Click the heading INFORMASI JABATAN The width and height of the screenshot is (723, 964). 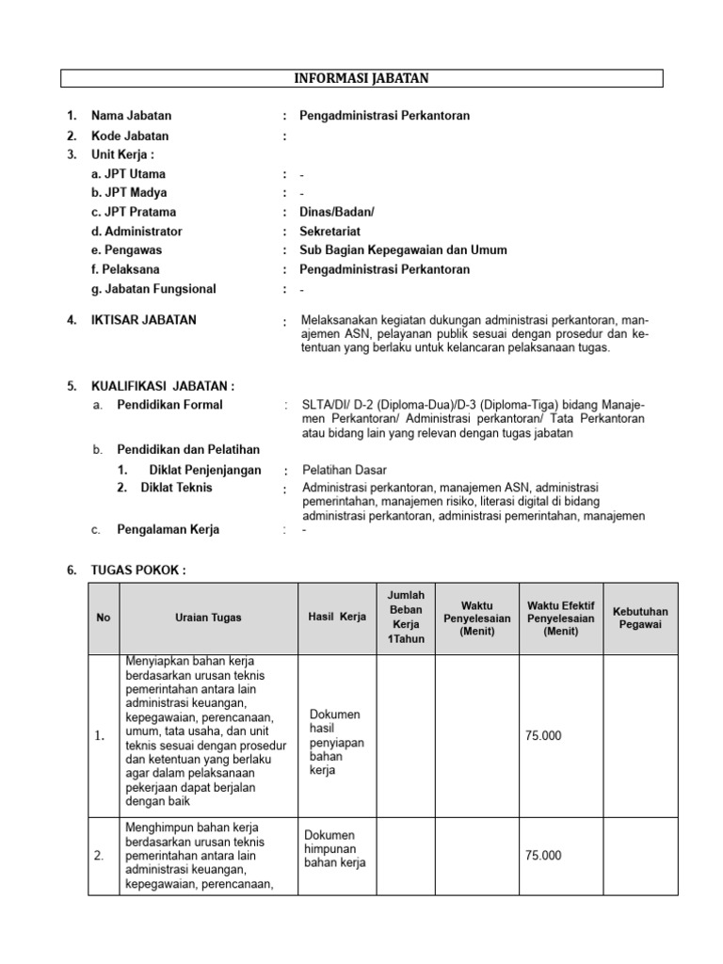[x=362, y=78]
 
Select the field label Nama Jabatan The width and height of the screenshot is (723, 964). [x=131, y=116]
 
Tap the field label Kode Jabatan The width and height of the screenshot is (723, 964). [x=130, y=136]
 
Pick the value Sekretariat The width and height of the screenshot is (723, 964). [x=329, y=232]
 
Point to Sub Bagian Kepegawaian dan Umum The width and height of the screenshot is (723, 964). [x=403, y=250]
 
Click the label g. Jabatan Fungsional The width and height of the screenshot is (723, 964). [x=153, y=289]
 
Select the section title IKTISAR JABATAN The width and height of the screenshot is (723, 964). [x=144, y=320]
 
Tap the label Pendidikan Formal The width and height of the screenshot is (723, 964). [x=169, y=405]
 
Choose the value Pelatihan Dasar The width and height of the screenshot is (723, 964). [x=345, y=470]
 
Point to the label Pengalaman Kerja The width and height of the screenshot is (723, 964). [x=168, y=529]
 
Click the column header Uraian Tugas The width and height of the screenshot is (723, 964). [x=208, y=618]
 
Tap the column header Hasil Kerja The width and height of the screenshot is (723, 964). [x=336, y=618]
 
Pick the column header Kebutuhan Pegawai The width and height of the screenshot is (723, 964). [x=640, y=618]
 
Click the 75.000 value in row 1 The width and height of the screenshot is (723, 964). [x=544, y=735]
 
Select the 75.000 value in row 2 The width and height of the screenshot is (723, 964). [x=544, y=856]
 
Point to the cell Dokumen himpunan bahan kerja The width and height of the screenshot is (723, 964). [x=334, y=849]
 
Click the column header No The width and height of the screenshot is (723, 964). [x=104, y=618]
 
